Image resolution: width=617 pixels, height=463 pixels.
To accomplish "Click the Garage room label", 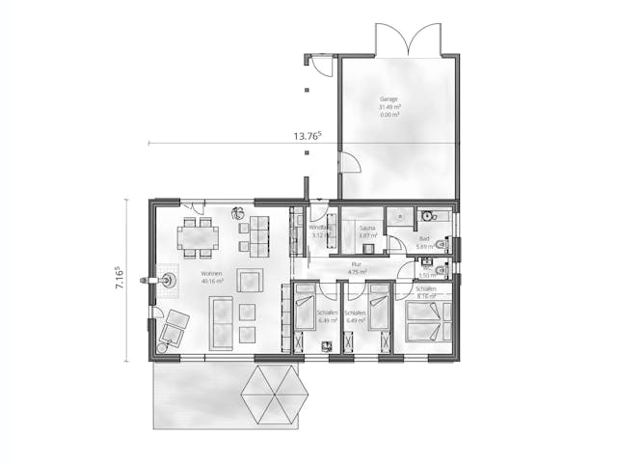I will pyautogui.click(x=390, y=98).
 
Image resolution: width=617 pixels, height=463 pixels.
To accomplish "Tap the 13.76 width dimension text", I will pyautogui.click(x=307, y=136).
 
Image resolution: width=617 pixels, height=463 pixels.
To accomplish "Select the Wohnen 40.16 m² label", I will pyautogui.click(x=212, y=279).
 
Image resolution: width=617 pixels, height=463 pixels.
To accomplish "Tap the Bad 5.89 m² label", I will pyautogui.click(x=423, y=242).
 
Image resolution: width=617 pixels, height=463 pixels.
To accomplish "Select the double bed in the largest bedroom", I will pyautogui.click(x=427, y=321).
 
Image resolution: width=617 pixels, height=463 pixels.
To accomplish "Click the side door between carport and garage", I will pyautogui.click(x=345, y=170).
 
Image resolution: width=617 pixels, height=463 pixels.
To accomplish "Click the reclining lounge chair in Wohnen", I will pyautogui.click(x=174, y=328).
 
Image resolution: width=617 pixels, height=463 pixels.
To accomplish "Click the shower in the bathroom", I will pyautogui.click(x=399, y=218).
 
